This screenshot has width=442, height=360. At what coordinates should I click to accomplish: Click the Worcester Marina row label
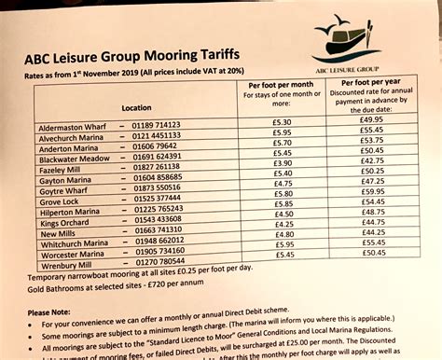72,254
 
